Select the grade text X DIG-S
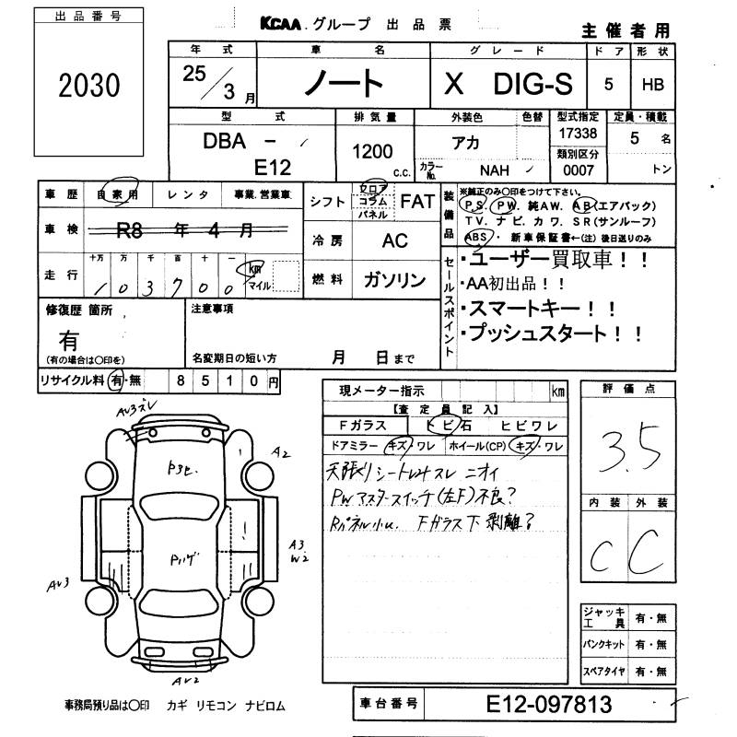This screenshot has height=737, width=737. click(x=508, y=85)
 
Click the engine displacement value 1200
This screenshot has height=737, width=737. click(x=372, y=152)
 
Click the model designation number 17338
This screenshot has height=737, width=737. click(x=579, y=134)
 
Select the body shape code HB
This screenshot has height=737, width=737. click(x=652, y=85)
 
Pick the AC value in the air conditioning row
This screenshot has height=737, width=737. click(x=394, y=240)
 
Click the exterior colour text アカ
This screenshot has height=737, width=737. click(x=464, y=144)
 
